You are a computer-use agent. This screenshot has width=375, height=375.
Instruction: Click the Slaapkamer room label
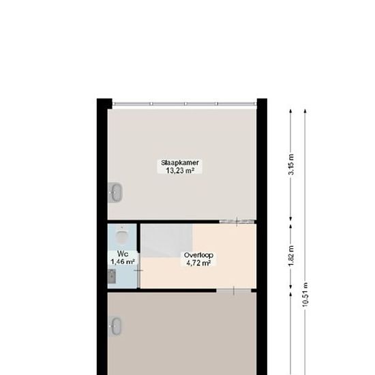coord(180,163)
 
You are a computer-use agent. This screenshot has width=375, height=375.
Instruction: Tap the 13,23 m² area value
coord(180,170)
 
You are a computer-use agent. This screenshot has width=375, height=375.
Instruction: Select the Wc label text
coord(123,254)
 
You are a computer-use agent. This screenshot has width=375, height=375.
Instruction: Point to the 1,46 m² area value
coord(123,262)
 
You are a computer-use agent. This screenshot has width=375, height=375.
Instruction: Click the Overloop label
coord(198,255)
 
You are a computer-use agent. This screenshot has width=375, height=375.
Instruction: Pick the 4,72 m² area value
coord(198,263)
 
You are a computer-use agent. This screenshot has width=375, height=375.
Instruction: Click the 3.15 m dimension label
coord(291,164)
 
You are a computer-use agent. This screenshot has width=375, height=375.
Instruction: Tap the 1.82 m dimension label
coord(291,256)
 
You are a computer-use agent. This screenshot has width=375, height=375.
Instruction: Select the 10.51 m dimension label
coord(305,295)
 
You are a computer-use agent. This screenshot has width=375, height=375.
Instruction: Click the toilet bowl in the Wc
coord(122,235)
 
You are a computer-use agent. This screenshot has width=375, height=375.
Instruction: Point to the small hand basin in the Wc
coord(112,276)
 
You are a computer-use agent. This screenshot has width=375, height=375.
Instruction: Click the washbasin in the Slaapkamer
coord(115,192)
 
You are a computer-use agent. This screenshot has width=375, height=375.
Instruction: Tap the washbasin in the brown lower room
coord(115,326)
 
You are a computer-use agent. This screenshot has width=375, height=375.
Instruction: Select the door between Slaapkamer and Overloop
coord(237,222)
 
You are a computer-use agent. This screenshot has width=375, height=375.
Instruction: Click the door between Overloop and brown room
coord(234,291)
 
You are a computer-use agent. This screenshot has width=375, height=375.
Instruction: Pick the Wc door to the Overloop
coord(138,270)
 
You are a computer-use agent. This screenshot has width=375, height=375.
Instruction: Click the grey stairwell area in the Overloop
coord(166,241)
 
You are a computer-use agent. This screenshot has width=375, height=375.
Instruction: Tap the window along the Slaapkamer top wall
coord(184,104)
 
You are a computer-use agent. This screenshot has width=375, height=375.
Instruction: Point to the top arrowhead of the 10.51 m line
coord(305,111)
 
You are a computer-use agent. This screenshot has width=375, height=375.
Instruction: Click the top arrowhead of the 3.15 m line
coord(291,111)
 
